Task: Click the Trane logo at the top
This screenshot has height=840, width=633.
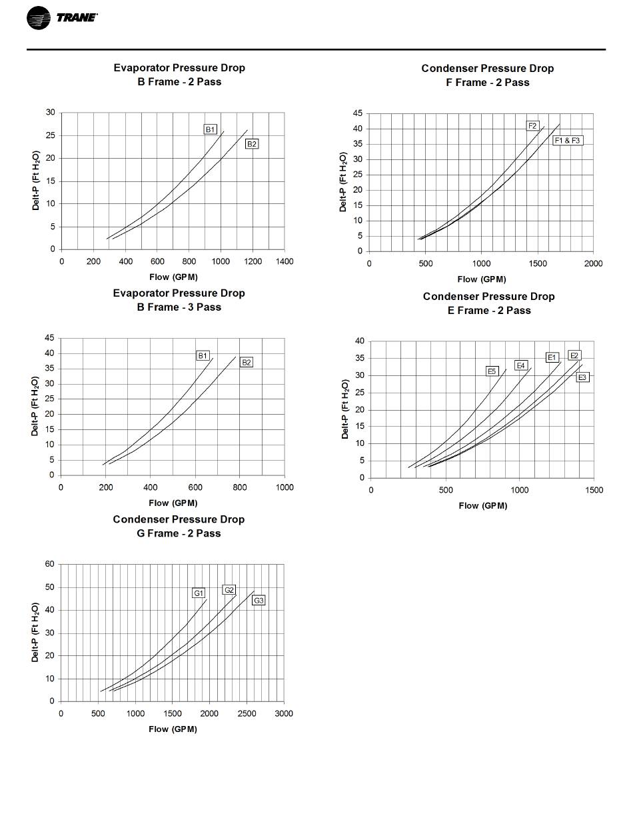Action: tap(62, 17)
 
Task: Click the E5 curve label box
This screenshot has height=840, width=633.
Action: tap(492, 371)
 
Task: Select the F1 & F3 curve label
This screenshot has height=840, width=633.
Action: tap(568, 141)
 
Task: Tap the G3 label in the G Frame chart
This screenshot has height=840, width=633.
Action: tap(259, 601)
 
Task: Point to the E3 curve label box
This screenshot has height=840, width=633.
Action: tap(582, 377)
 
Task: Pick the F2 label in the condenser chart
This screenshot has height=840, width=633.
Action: tap(532, 125)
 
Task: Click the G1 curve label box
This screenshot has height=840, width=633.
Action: tap(199, 593)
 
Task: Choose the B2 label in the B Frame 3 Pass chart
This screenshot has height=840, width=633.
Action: tap(247, 363)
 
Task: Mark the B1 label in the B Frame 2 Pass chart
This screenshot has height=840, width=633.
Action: tap(211, 129)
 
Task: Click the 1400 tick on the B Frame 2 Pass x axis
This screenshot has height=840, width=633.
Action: tap(285, 261)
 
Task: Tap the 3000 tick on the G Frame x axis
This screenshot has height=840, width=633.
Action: tap(284, 713)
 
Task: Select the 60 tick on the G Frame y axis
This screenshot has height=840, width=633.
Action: tap(50, 564)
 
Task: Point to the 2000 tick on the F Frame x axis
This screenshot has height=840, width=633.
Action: tap(593, 263)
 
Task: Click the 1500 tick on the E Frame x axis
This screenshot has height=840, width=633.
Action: tap(594, 490)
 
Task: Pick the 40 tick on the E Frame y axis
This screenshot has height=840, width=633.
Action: tap(360, 341)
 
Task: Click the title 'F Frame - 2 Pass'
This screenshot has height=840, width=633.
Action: tap(488, 82)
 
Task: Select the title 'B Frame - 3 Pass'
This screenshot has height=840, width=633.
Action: tap(179, 307)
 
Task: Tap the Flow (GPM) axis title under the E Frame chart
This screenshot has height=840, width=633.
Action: tap(482, 505)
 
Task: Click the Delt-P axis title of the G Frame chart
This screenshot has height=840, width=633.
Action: tap(35, 632)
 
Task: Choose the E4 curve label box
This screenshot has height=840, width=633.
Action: tap(521, 365)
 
